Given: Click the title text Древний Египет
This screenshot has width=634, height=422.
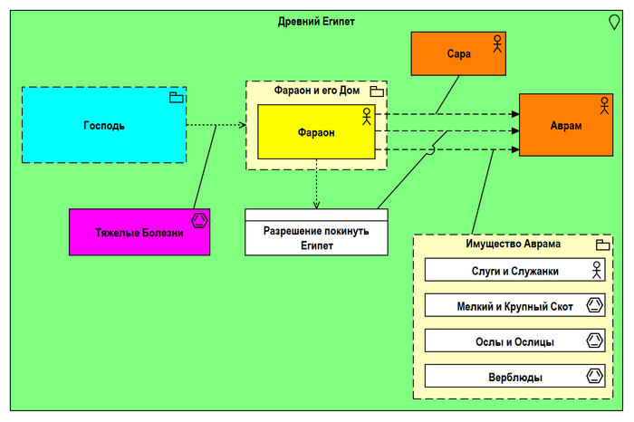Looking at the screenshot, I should click(x=315, y=21).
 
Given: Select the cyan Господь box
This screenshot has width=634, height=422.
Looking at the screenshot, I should click(x=103, y=125).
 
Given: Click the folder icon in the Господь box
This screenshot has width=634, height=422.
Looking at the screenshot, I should click(x=177, y=97).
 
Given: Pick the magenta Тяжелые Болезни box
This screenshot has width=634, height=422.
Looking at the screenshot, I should click(x=139, y=232).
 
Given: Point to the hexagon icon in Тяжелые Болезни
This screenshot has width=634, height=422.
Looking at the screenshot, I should click(x=199, y=219).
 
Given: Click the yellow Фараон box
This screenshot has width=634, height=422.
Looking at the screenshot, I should click(x=315, y=132).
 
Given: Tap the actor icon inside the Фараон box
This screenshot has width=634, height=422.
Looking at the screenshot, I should click(x=366, y=115).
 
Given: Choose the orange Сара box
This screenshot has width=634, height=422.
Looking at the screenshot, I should click(x=458, y=53).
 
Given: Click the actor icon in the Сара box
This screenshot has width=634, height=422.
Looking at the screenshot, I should click(x=496, y=43).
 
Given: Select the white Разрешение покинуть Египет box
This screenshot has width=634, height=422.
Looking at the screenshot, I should click(x=316, y=237).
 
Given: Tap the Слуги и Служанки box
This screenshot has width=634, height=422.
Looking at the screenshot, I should click(x=514, y=270).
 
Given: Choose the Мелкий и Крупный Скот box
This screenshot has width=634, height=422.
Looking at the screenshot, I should click(x=514, y=306).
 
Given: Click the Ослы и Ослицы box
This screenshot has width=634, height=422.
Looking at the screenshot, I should click(x=514, y=341).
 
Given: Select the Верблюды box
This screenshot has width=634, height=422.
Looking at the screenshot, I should click(x=514, y=377).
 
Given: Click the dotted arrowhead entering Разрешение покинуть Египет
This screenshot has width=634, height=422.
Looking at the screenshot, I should click(x=316, y=204).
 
